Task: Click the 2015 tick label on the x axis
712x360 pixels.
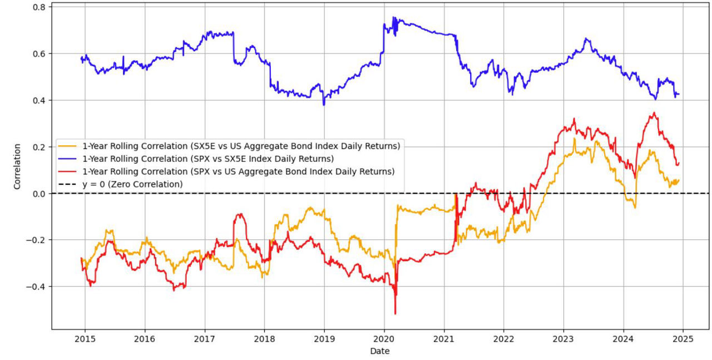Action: pos(85,338)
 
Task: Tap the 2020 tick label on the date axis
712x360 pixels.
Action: pos(384,338)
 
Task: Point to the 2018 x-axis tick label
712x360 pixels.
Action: pos(264,338)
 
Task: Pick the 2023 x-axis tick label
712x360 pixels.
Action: pos(563,338)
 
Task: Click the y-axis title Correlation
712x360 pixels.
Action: pos(17,166)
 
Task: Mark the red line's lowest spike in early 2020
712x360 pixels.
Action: pos(395,314)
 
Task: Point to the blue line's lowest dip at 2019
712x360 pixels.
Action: pos(324,105)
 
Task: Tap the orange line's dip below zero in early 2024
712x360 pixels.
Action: pos(635,208)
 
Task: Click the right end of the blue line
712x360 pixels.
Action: pos(679,94)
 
